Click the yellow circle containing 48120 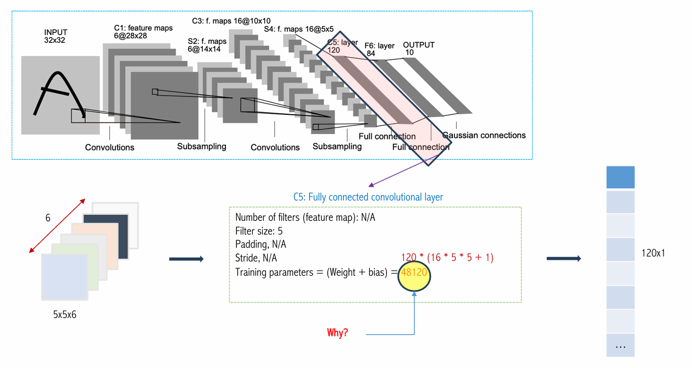point(414,276)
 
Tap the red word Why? point(337,332)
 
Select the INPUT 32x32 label point(56,36)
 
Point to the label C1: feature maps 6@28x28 point(143,32)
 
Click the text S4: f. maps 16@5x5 point(299,29)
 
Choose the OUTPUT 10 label point(419,48)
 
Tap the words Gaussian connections point(484,135)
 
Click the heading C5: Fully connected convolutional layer point(368,197)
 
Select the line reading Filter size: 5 point(259,231)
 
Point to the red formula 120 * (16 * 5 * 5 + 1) point(447,257)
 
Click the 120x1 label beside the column point(653,253)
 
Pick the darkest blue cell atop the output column point(621,177)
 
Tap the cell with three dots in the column point(621,345)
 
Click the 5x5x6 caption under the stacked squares point(64,315)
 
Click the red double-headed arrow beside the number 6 point(57,226)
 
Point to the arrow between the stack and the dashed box point(186,259)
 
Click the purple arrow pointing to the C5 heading point(403,170)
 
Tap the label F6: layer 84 point(379,49)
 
